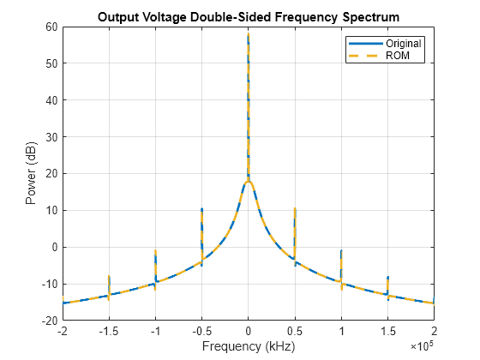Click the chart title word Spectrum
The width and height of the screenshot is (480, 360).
click(370, 17)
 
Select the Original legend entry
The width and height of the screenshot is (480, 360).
click(385, 44)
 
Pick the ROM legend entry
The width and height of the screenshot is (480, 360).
click(379, 56)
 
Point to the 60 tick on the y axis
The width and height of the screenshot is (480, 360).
click(51, 27)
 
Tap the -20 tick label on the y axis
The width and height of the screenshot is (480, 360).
click(50, 321)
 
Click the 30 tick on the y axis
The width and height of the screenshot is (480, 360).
click(51, 137)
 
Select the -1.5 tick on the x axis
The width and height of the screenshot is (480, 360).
click(109, 331)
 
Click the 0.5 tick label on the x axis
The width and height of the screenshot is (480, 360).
click(295, 331)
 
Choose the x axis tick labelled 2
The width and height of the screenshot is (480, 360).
click(434, 331)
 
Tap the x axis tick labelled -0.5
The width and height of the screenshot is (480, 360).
click(202, 331)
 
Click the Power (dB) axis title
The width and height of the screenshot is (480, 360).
click(31, 173)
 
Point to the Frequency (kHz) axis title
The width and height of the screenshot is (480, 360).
click(249, 346)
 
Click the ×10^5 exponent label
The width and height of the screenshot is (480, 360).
click(422, 346)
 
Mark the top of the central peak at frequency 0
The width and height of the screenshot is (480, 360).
click(249, 33)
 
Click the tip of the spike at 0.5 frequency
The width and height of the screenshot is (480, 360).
click(295, 208)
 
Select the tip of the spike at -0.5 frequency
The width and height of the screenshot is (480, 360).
click(202, 208)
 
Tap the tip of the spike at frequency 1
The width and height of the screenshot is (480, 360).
click(341, 250)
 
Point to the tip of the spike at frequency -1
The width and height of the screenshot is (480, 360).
click(155, 250)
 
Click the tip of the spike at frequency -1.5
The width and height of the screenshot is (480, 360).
click(109, 276)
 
